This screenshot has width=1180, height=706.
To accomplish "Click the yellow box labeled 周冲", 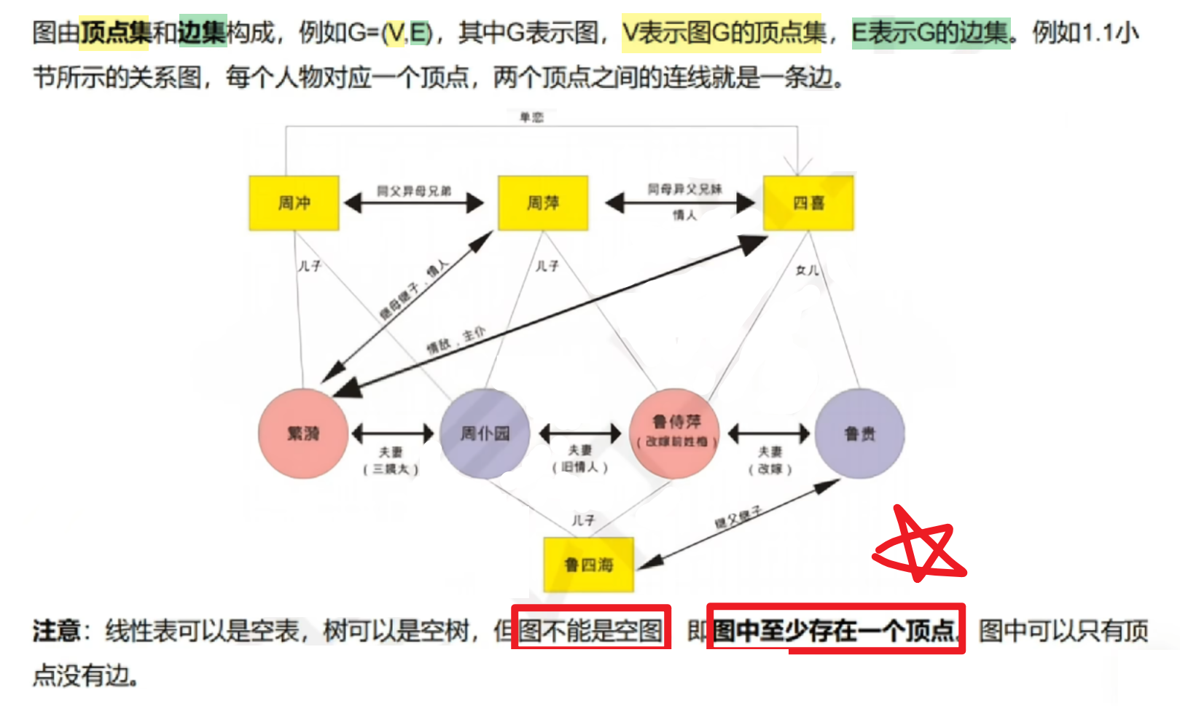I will coord(294,203).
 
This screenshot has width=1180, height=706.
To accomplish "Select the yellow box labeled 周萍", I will coord(543,203).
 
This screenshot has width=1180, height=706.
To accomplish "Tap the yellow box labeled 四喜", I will coord(808,203).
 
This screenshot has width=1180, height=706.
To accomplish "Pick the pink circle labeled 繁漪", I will coord(303,434).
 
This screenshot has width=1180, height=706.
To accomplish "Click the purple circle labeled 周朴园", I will coord(485,434).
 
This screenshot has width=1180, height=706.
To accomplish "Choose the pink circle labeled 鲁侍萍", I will coord(676,433).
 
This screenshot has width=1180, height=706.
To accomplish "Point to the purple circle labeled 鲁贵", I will coord(859,434).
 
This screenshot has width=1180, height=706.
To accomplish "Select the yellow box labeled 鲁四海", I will coord(589,565).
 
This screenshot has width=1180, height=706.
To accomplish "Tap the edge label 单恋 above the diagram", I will coord(531,117).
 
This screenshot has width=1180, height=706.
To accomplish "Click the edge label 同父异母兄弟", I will coord(414,191).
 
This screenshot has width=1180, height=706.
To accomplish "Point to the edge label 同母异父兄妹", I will coord(684,189).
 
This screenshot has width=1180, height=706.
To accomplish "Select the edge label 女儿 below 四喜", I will coord(807,270).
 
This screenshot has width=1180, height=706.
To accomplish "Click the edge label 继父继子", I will coord(738,517).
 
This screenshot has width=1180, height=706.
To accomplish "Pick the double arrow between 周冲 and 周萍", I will coord(414,203).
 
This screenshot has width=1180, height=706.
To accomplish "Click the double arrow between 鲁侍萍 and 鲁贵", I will coord(769,434).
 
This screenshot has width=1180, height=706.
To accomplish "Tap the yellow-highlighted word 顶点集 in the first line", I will coord(115,32).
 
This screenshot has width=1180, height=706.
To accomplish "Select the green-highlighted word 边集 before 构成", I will coord(203,32).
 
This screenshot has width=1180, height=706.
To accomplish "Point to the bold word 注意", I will coord(56,630).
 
